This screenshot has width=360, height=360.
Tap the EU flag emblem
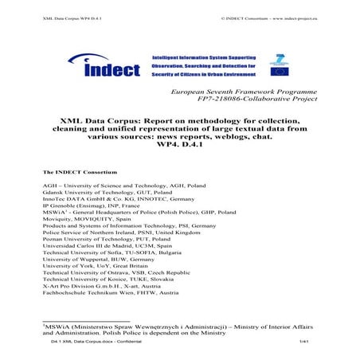click(x=279, y=69)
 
